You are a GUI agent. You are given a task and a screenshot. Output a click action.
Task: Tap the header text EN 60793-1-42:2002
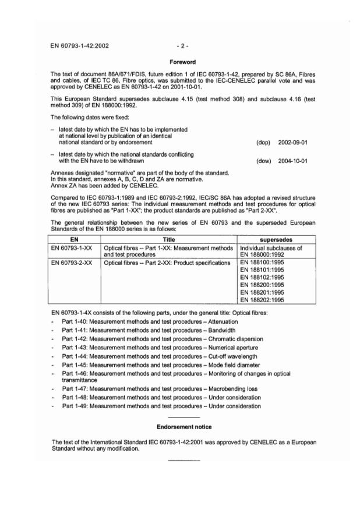(x=80, y=44)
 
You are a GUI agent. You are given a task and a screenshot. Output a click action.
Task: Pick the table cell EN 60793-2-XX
(x=72, y=263)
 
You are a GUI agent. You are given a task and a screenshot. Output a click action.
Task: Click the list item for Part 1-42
(x=163, y=338)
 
